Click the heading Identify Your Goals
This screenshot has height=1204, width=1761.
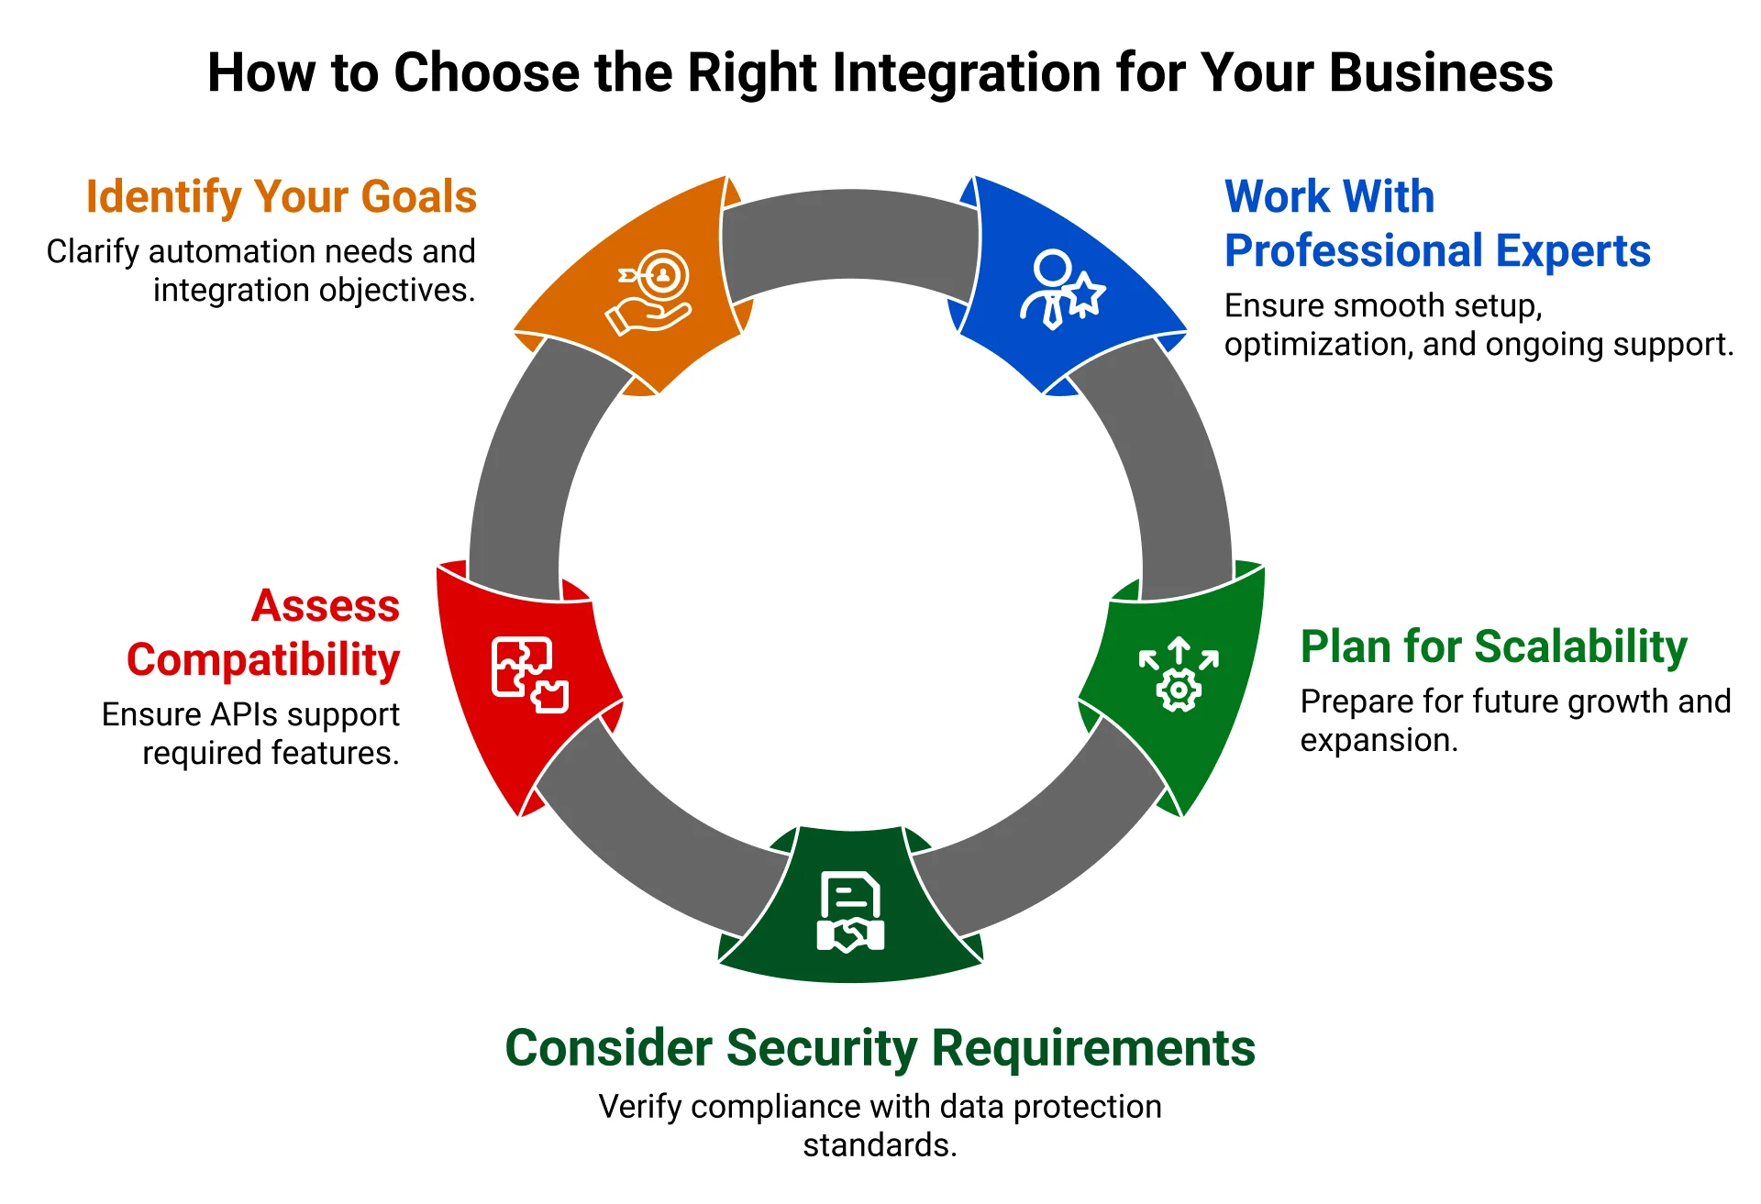coord(281,196)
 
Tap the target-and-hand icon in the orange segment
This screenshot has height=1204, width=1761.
coord(649,292)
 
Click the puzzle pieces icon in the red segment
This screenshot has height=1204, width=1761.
coord(529,675)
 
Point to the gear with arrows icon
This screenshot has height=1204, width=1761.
coord(1179,675)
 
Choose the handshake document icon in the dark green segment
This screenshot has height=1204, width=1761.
coord(850,911)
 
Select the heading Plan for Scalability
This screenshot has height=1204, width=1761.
coord(1493,646)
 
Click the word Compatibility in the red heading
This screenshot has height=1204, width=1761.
coord(263,660)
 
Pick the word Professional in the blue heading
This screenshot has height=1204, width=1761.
coord(1355,250)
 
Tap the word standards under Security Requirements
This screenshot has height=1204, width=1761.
coord(879,1145)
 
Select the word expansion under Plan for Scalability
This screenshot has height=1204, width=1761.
coord(1378,740)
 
